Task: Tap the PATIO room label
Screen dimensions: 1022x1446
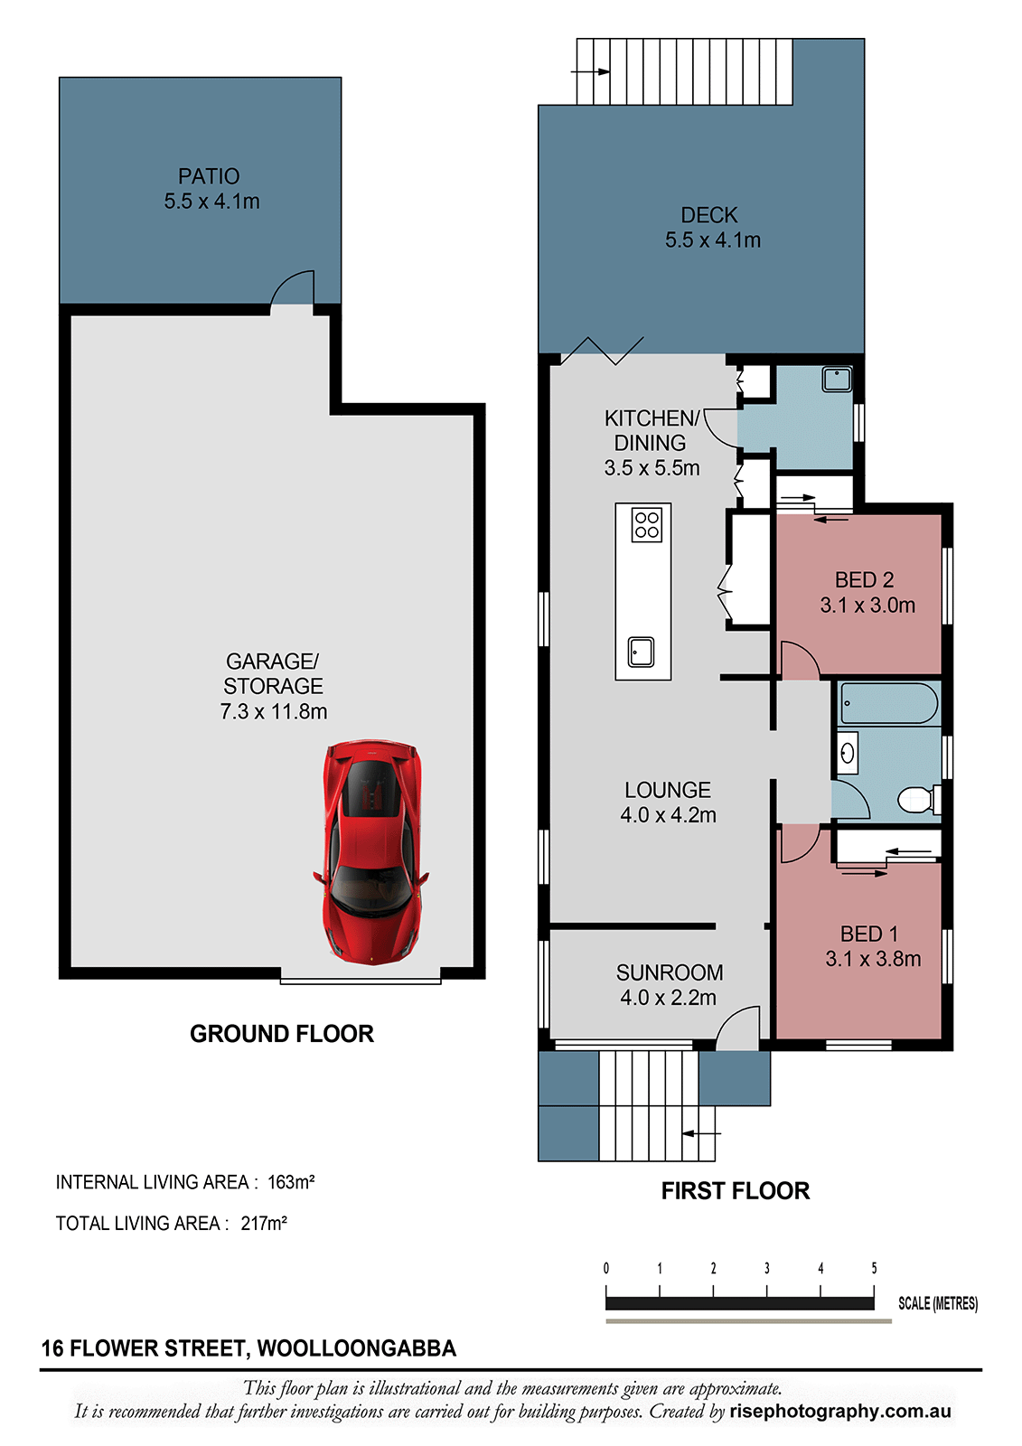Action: (x=209, y=176)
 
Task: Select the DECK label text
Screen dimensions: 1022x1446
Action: (x=708, y=215)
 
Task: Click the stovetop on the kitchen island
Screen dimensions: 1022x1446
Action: (x=646, y=525)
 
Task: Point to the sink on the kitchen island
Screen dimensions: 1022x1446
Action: (x=641, y=652)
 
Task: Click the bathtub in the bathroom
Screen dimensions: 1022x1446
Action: (x=889, y=703)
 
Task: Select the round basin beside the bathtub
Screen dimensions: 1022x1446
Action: (x=847, y=753)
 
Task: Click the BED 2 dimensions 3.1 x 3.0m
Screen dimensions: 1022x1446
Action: (x=867, y=606)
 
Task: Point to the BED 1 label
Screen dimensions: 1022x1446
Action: (x=869, y=934)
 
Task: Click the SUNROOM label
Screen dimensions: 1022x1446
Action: (x=670, y=972)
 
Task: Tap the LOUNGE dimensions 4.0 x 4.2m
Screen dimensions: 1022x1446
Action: (x=668, y=814)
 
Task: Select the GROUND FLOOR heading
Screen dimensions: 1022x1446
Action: (x=282, y=1034)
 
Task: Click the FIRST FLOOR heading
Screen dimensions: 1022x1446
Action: (x=736, y=1191)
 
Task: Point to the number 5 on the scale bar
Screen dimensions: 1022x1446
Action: (x=874, y=1269)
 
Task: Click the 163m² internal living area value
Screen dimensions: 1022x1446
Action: (x=291, y=1182)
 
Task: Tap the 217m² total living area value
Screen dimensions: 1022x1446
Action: (x=264, y=1224)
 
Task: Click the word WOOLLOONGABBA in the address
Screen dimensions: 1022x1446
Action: (x=356, y=1349)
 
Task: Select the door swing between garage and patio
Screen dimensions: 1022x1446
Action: (x=292, y=288)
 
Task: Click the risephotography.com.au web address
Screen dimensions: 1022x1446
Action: (x=840, y=1412)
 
